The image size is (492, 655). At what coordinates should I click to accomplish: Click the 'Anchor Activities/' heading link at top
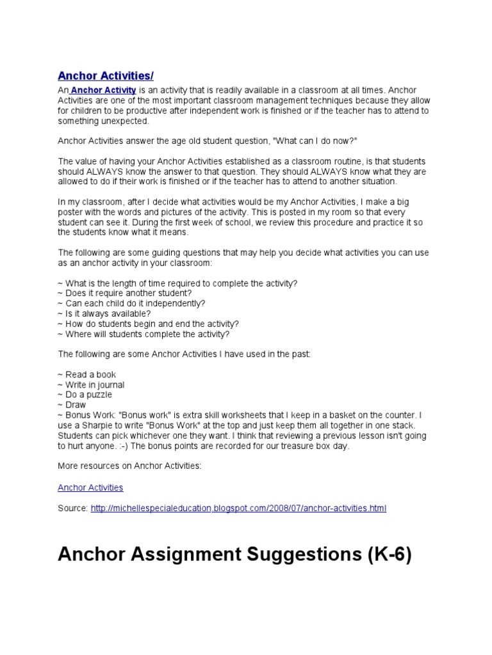pos(106,76)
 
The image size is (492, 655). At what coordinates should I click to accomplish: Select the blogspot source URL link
pos(239,509)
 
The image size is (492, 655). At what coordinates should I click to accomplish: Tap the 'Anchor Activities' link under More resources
pos(90,487)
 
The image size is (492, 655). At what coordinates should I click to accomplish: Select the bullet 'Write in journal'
pos(94,385)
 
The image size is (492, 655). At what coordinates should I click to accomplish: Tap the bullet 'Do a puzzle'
pos(88,395)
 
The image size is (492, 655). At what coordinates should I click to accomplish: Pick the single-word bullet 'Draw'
pos(76,405)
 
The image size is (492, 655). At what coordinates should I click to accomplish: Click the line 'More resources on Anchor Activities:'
pos(129,466)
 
